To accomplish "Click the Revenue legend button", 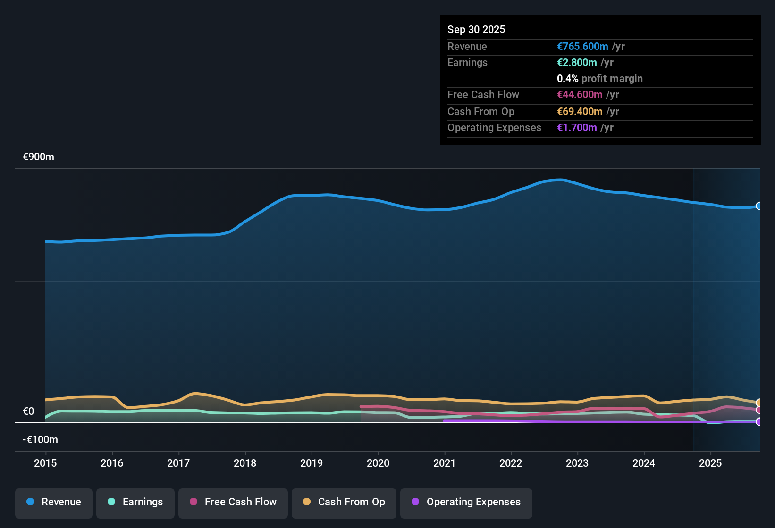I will (54, 502).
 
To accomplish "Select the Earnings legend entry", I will (135, 502).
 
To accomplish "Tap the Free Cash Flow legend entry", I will (233, 502).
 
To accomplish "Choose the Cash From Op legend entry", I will (344, 502).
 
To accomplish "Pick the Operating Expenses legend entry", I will (466, 502).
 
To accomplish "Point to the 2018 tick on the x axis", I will (245, 463).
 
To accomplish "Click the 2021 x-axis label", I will (445, 463).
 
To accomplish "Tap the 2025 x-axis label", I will (710, 463).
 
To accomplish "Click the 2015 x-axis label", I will (45, 463).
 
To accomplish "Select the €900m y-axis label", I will (39, 157).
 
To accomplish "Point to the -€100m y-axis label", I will (41, 440).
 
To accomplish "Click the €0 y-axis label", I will (29, 412).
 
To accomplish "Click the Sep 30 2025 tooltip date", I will (476, 29).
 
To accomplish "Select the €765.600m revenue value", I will (582, 46).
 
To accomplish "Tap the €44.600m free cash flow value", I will (580, 94).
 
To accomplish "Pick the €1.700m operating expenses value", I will (577, 127).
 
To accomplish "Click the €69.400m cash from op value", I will (580, 111).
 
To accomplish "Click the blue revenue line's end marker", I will (758, 206).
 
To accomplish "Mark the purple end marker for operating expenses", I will (758, 422).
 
